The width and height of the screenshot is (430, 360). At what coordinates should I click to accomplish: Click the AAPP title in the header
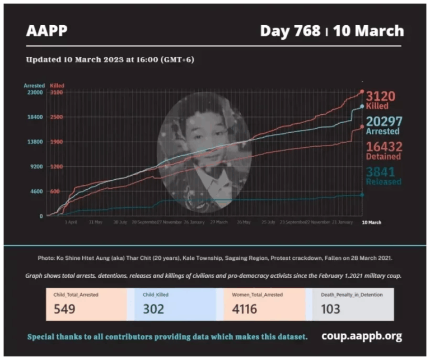coord(46,31)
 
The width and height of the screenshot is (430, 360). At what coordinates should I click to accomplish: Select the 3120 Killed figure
coord(381,97)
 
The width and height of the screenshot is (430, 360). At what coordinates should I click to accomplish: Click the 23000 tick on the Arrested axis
coord(34,92)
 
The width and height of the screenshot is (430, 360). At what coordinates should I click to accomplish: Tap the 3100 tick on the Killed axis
coord(57,92)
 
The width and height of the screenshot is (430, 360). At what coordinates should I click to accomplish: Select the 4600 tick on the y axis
coord(36,191)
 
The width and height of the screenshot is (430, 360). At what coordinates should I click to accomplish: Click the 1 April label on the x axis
coord(71,222)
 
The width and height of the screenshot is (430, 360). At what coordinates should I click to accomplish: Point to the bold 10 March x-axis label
coord(371,222)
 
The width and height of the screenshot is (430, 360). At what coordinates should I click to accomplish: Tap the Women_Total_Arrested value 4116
coord(245,308)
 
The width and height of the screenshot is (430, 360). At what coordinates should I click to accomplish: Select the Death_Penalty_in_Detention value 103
coord(331,308)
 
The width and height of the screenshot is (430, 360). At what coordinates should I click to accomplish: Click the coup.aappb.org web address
coord(362,336)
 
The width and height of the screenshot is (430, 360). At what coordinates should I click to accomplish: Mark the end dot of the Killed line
coord(362,91)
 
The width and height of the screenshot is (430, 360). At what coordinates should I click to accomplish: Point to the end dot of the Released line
coord(362,195)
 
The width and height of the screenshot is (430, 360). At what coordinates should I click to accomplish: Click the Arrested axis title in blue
coord(33,85)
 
